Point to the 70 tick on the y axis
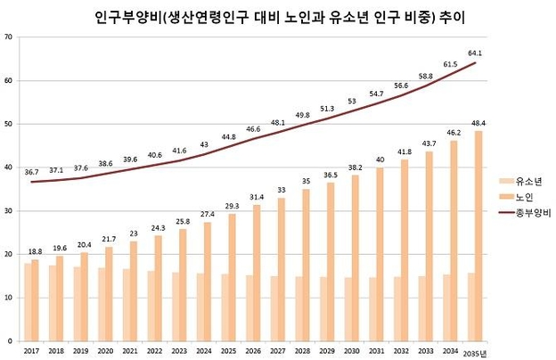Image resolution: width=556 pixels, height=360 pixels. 7,37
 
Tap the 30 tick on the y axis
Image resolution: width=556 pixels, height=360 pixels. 7,210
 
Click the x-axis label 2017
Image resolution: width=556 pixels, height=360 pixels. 30,350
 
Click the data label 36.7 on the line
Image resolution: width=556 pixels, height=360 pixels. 31,172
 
